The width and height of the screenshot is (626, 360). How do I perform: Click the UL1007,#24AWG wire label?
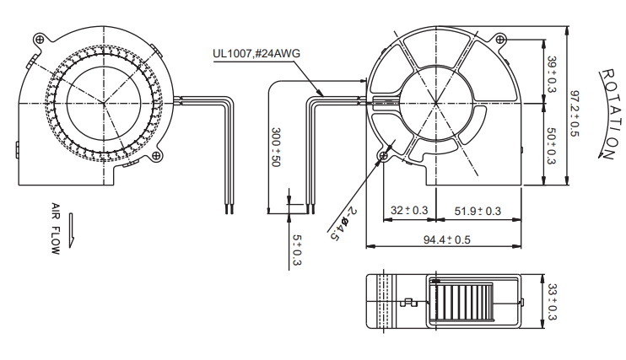tap(256, 53)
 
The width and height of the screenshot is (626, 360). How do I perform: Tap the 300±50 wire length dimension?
tap(276, 148)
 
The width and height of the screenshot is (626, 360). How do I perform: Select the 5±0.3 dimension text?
tap(297, 250)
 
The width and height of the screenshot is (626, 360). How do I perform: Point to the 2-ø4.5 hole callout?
tap(343, 223)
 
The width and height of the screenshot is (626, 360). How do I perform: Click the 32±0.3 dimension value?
tap(409, 210)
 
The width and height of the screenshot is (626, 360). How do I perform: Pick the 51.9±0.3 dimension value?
tap(478, 211)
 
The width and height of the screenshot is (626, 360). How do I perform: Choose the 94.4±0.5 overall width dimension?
tap(447, 239)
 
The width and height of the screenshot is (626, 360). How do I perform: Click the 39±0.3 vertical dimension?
tap(552, 74)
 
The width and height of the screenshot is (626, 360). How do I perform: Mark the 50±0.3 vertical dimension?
tap(551, 146)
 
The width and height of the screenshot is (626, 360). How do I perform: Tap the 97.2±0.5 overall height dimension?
tap(574, 114)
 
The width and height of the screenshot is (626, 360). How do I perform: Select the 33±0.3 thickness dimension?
tap(552, 302)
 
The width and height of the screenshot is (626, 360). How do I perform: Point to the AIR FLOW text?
tap(56, 228)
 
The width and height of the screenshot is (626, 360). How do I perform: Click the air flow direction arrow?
tap(71, 230)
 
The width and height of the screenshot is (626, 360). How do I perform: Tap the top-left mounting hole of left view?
tap(40, 39)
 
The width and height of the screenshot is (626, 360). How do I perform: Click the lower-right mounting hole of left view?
tap(156, 157)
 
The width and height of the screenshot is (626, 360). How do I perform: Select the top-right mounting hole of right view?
tap(500, 39)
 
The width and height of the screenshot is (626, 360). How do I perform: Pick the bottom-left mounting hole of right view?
tap(384, 156)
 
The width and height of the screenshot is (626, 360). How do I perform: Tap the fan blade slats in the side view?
tap(462, 302)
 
